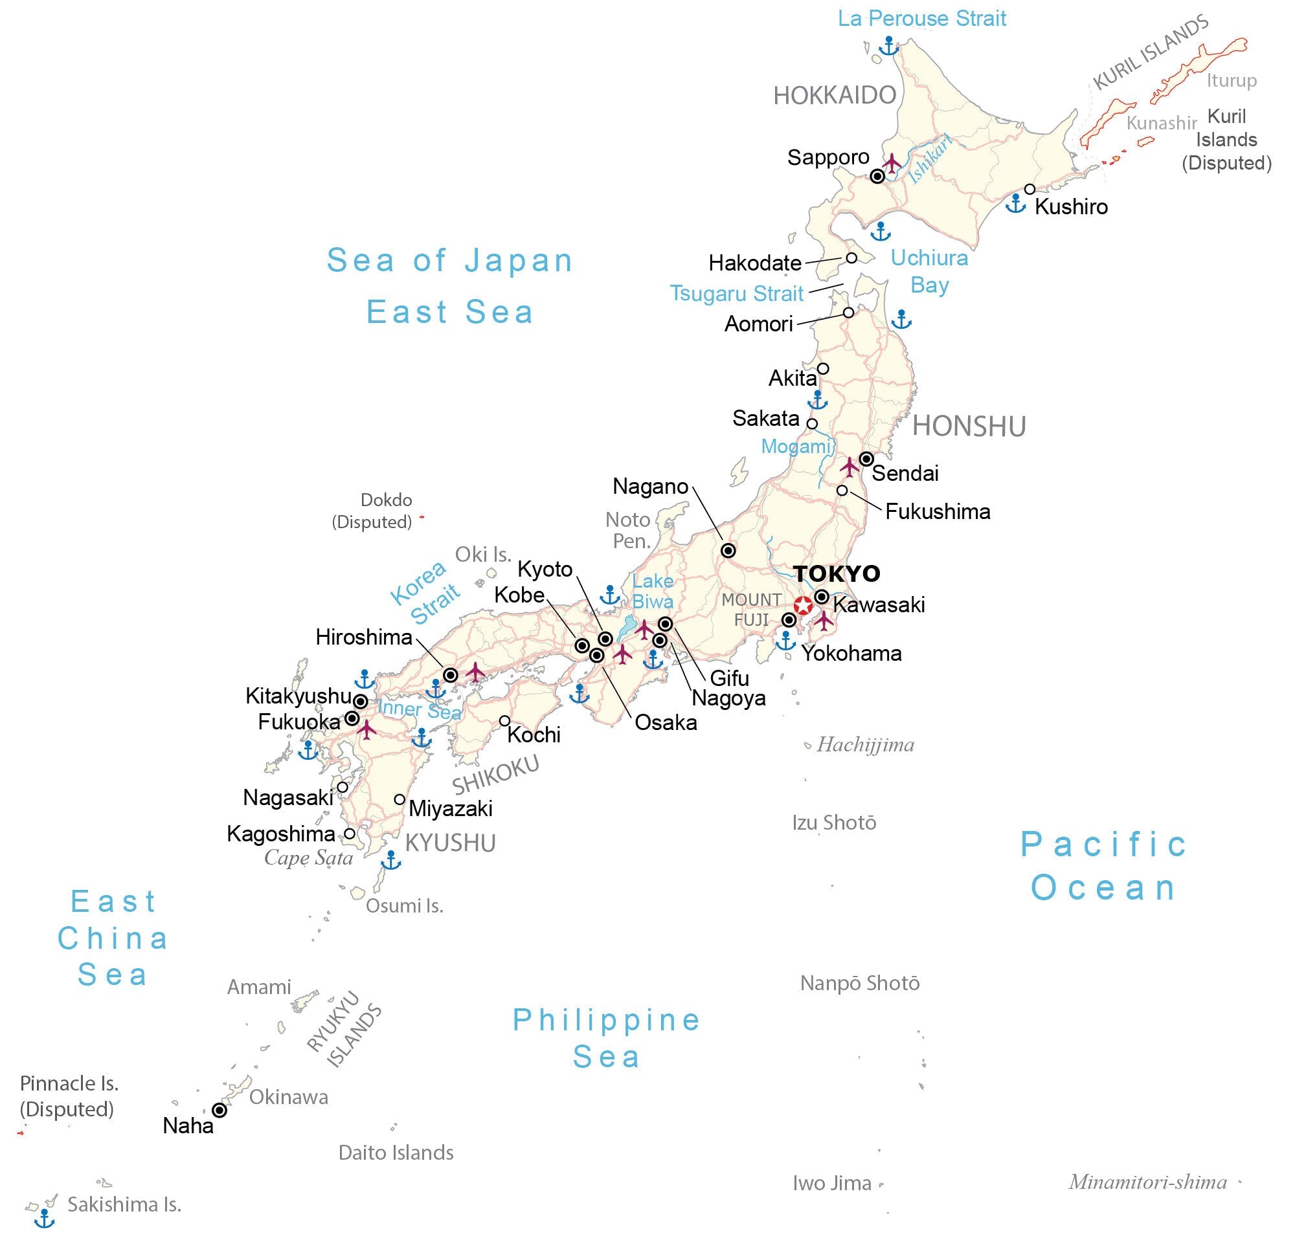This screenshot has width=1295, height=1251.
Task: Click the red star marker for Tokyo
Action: (803, 606)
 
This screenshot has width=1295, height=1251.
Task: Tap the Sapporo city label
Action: (828, 157)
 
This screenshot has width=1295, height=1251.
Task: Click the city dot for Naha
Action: (220, 1111)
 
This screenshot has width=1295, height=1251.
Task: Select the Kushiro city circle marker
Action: (1030, 190)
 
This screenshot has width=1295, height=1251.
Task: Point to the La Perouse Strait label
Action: (921, 19)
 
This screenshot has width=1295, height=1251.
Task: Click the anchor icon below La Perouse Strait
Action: (888, 46)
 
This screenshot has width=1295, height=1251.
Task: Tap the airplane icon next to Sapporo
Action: (892, 162)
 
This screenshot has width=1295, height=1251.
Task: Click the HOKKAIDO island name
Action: (835, 96)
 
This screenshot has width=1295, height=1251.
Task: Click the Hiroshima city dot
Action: (451, 675)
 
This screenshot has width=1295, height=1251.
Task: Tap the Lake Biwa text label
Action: (653, 591)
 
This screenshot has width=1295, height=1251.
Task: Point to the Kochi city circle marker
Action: (505, 720)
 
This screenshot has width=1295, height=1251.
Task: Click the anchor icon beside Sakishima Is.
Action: (44, 1218)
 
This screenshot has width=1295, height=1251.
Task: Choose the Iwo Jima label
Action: (832, 1183)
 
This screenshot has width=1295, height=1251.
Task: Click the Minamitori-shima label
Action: (1147, 1182)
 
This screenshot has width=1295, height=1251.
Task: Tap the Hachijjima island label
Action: (866, 745)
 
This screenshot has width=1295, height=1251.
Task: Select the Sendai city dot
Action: (866, 459)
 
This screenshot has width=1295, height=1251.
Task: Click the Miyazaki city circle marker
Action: (400, 799)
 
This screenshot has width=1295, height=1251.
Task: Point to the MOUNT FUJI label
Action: (752, 609)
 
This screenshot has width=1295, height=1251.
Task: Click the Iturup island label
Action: (1232, 81)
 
